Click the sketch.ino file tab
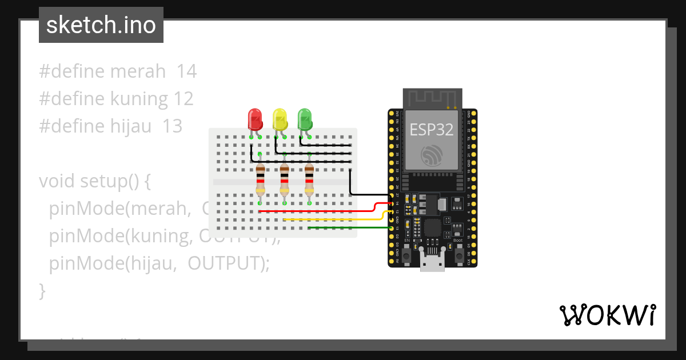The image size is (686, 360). [101, 25]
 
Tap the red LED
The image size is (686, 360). [254, 119]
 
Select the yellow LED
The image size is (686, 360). [280, 119]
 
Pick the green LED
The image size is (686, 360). [305, 119]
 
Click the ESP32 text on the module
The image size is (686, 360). [432, 130]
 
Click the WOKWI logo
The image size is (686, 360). [607, 315]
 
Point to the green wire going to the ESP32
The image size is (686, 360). [349, 228]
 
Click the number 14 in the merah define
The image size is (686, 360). [186, 71]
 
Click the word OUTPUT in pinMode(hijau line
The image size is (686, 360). [223, 263]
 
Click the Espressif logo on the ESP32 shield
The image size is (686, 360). [432, 155]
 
